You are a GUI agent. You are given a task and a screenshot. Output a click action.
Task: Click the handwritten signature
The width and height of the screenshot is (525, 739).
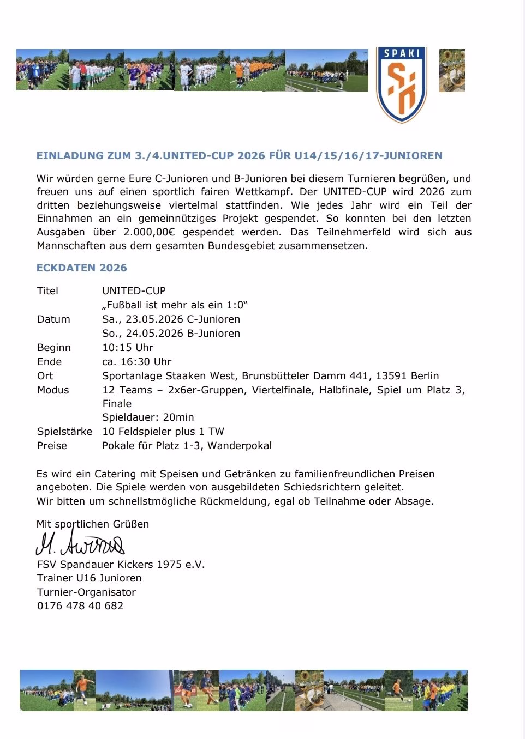(x=80, y=543)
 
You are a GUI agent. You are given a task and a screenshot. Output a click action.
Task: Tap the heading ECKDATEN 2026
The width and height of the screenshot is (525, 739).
(x=82, y=268)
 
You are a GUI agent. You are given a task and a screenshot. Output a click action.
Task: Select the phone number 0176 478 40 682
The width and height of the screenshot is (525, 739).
(x=80, y=605)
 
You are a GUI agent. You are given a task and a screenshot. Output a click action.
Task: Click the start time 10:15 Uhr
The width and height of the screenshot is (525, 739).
(x=128, y=347)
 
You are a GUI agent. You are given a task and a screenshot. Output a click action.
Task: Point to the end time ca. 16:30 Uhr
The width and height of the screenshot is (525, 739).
(x=137, y=361)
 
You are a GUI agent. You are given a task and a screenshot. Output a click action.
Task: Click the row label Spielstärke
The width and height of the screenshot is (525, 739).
(x=64, y=431)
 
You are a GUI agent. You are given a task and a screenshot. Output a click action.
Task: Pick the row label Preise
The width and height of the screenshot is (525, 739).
(x=52, y=445)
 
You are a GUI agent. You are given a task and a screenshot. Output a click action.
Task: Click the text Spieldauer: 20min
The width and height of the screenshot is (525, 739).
(x=148, y=417)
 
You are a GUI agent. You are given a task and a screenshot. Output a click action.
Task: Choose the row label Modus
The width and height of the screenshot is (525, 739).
(x=53, y=390)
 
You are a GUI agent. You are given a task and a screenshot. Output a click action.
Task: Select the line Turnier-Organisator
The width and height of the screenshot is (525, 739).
(x=86, y=592)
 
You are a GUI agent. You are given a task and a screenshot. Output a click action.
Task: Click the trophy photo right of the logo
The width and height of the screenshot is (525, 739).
(x=452, y=70)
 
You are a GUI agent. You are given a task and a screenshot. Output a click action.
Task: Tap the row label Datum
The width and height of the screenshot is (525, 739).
(x=53, y=319)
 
